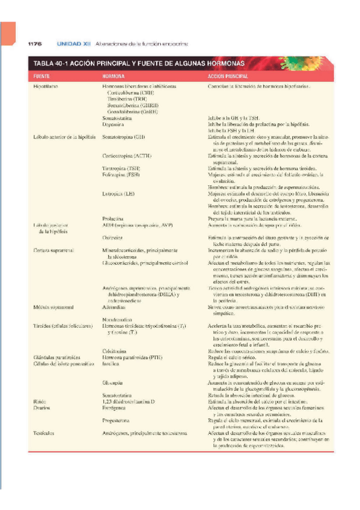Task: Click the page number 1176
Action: tap(34, 44)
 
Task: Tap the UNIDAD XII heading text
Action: tap(73, 44)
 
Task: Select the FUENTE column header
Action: tap(41, 77)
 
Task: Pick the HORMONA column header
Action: tap(114, 77)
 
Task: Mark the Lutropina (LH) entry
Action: tap(119, 194)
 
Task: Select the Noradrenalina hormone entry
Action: tap(118, 319)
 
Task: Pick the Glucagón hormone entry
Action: tap(113, 382)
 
